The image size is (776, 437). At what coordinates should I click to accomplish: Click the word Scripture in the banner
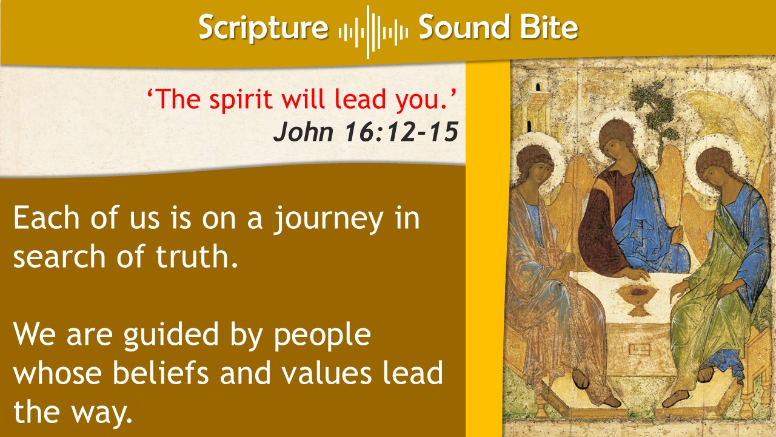263,28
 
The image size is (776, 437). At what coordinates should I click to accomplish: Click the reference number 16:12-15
402,132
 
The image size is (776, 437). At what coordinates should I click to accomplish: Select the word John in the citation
304,132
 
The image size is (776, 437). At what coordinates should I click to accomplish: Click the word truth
197,256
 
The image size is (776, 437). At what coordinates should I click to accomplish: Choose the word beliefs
161,373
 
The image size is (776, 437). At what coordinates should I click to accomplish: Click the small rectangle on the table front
640,349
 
